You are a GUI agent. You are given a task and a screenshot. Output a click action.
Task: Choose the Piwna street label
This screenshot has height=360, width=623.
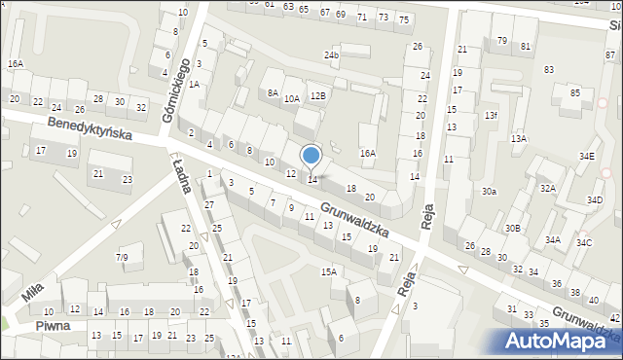click(x=53, y=326)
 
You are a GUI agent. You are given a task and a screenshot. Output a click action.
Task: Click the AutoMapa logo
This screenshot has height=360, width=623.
click(x=556, y=341)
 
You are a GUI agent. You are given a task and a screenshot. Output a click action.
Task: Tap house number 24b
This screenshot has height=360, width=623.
click(x=332, y=55)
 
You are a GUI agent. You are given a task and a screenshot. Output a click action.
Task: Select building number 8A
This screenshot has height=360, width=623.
click(x=273, y=92)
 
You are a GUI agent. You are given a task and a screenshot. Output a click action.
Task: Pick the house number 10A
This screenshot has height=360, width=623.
click(x=292, y=98)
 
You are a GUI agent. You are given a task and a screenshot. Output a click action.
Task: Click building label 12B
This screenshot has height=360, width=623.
click(x=317, y=95)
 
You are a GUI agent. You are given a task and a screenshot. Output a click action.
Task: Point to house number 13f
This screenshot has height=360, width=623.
click(x=491, y=115)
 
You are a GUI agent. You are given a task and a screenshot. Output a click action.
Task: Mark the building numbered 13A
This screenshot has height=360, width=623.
click(x=519, y=139)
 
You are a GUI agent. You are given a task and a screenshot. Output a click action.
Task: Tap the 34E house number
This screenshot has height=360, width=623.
click(x=586, y=156)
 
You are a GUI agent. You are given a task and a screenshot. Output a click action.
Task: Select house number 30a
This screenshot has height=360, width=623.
click(x=488, y=192)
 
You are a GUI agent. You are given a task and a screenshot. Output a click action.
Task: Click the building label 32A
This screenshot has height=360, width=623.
click(x=548, y=189)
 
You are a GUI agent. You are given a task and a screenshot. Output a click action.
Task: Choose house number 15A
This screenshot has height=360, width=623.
click(x=329, y=271)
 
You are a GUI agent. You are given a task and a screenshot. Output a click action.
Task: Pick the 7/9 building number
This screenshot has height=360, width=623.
click(x=123, y=257)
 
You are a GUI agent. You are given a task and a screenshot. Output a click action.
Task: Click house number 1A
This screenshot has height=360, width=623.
click(x=195, y=85)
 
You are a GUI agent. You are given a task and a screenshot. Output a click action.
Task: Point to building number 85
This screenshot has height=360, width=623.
click(x=575, y=92)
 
